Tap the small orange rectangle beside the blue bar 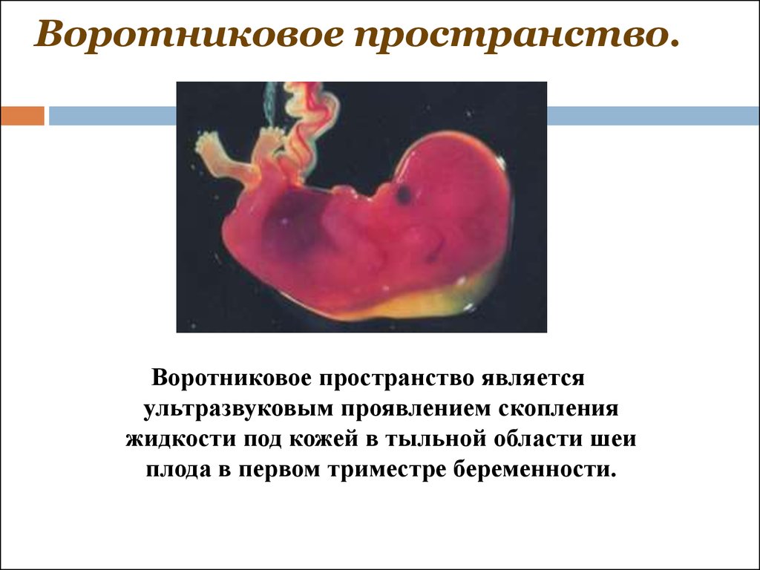point(22,116)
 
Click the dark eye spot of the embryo point(403,194)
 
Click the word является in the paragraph point(533,378)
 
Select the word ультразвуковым point(238,410)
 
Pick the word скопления point(558,409)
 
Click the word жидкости point(180,439)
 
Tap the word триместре point(386,471)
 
